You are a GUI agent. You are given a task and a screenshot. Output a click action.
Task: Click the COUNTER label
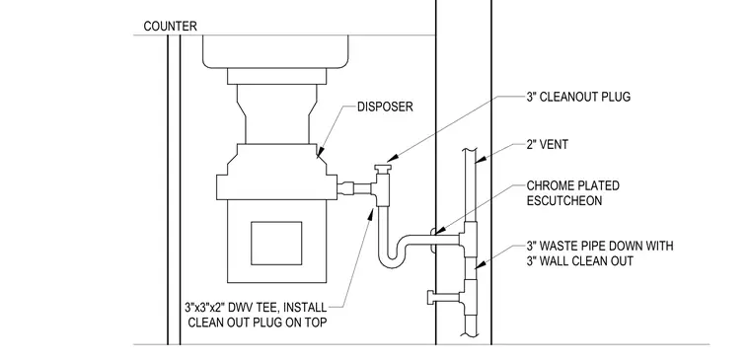(170, 26)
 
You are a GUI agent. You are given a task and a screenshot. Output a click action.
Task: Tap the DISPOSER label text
(385, 107)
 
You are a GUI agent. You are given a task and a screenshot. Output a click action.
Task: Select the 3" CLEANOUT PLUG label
(578, 97)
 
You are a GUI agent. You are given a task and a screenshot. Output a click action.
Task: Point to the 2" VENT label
(547, 144)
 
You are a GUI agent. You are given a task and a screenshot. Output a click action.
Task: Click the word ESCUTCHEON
(564, 200)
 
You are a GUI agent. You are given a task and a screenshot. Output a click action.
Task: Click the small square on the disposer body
(276, 243)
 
